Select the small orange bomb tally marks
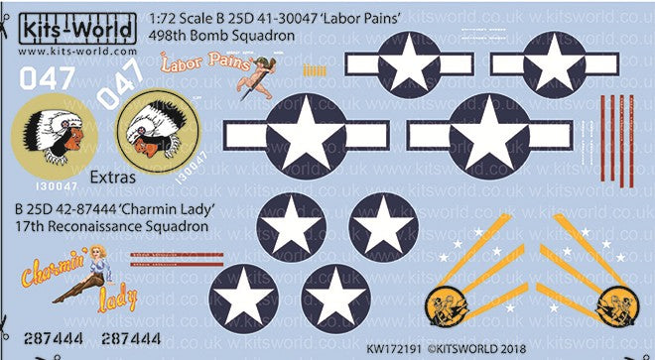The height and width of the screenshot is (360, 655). (313, 70)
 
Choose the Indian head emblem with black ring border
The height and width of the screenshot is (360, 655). (159, 133)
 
